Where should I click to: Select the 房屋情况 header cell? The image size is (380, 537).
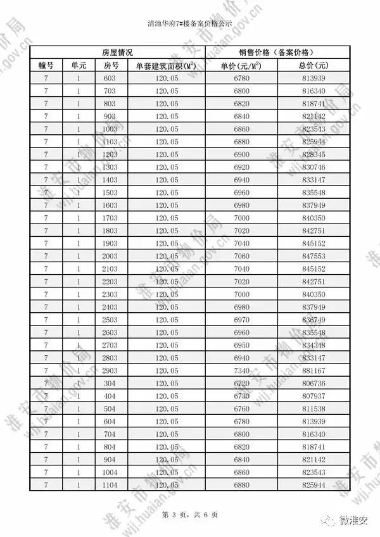117,52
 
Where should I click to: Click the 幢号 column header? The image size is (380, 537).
46,65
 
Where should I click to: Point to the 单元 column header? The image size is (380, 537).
79,65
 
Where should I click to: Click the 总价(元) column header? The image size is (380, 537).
313,65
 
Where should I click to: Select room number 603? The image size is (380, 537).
110,78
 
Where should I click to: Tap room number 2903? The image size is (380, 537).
110,370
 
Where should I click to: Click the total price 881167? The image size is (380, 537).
313,370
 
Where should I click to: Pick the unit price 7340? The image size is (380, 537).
241,370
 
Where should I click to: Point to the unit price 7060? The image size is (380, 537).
241,256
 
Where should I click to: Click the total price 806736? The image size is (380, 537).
313,383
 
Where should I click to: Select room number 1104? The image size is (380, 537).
110,484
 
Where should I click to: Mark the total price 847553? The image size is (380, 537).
313,256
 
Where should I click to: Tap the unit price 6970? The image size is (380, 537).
241,320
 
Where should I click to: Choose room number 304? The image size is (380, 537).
110,383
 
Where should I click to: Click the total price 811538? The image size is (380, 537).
313,408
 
